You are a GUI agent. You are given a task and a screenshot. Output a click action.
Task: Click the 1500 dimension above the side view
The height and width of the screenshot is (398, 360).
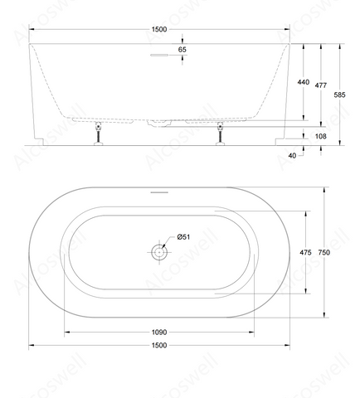point(159,29)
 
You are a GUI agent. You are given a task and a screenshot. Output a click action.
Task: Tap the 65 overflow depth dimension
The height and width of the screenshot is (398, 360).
point(182,50)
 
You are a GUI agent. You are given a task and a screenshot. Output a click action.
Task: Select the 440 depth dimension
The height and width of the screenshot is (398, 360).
point(304,82)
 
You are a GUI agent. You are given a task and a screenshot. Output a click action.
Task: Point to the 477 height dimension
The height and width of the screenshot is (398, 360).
point(321,85)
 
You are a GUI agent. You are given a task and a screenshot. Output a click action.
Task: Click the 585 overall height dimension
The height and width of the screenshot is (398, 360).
point(339,95)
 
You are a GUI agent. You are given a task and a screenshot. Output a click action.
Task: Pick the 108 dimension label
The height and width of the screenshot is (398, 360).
point(321,136)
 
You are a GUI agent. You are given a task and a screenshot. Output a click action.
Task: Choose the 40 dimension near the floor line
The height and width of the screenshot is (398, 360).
point(292,156)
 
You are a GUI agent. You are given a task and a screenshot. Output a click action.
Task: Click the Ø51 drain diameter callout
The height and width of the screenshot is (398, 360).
point(183,237)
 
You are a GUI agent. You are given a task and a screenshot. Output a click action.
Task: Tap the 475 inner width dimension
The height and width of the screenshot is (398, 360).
point(305,252)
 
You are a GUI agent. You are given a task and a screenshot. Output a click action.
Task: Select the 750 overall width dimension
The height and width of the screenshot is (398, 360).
point(324,252)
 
